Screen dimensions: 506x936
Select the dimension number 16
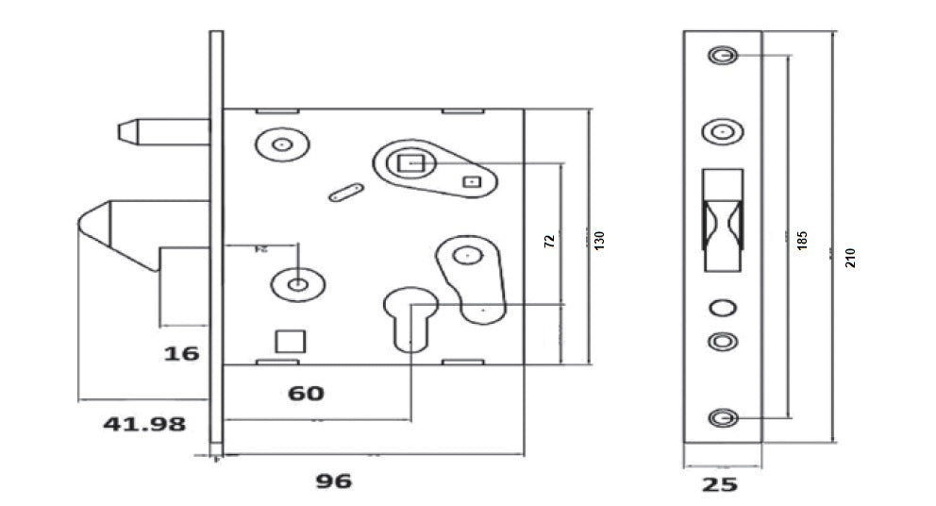tap(181, 353)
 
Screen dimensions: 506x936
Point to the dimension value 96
tap(333, 481)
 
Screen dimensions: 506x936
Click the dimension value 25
tap(720, 485)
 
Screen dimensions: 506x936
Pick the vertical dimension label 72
tap(549, 240)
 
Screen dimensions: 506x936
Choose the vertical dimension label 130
tap(598, 240)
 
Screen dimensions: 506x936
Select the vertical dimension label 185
tap(802, 240)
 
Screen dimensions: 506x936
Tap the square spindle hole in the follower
tap(411, 163)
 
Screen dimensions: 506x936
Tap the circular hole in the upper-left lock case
tap(281, 145)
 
